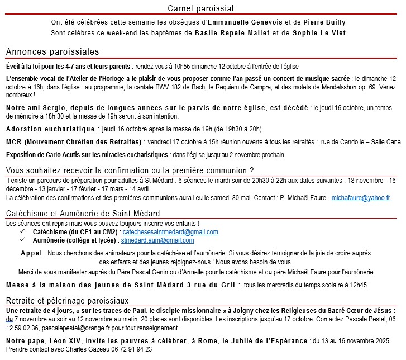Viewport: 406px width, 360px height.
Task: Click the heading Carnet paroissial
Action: pyautogui.click(x=200, y=8)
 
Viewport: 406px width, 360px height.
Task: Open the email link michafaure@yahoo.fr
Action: pyautogui.click(x=360, y=198)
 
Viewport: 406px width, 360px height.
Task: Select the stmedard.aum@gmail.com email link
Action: pyautogui.click(x=158, y=240)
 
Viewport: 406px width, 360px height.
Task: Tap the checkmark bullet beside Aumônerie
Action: pyautogui.click(x=22, y=240)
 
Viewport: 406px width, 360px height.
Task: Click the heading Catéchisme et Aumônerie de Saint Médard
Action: pyautogui.click(x=83, y=214)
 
